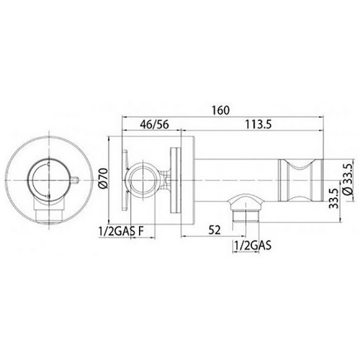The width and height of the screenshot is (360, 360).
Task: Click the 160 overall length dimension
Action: click(220, 110)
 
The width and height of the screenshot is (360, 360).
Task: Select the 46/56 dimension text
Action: click(155, 124)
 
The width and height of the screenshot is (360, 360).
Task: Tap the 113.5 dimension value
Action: click(258, 124)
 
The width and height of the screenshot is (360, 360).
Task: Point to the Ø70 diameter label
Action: click(104, 178)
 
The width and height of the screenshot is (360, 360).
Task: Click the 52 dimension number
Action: click(214, 230)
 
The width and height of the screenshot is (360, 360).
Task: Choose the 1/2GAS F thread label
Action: click(121, 232)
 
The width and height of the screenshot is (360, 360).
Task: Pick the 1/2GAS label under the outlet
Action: click(253, 245)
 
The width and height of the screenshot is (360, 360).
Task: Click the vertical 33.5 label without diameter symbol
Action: click(333, 199)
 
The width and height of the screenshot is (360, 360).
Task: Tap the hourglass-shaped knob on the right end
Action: click(301, 181)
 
